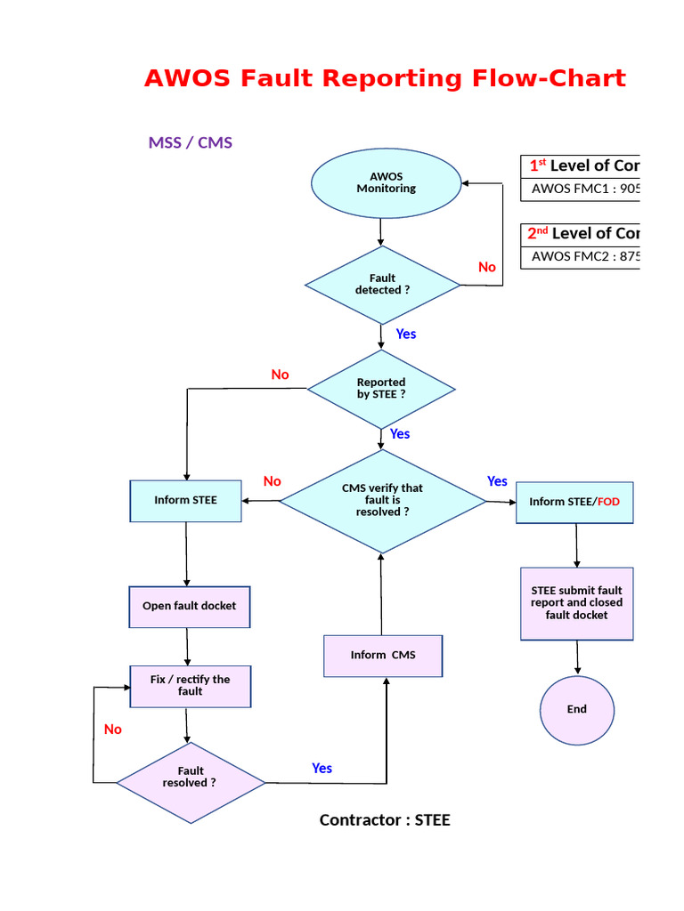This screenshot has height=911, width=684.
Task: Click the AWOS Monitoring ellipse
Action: pyautogui.click(x=386, y=182)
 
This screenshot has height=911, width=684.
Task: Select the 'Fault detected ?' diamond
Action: pyautogui.click(x=383, y=285)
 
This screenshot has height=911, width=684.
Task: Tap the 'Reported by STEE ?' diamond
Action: pyautogui.click(x=381, y=389)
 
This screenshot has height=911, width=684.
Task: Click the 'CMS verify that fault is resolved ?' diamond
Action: pyautogui.click(x=382, y=500)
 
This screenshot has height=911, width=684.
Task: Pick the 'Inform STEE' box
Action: pyautogui.click(x=185, y=500)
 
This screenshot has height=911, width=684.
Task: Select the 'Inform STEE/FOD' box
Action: pyautogui.click(x=574, y=502)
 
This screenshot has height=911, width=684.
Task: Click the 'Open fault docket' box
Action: pyautogui.click(x=190, y=606)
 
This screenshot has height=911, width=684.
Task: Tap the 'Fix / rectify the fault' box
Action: pyautogui.click(x=190, y=686)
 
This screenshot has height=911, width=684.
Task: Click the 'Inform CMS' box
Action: pyautogui.click(x=383, y=655)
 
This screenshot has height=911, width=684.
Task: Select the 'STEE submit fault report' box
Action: pyautogui.click(x=576, y=603)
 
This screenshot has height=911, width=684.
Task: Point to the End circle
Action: pyautogui.click(x=576, y=709)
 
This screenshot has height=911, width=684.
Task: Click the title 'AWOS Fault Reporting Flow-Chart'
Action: pyautogui.click(x=385, y=78)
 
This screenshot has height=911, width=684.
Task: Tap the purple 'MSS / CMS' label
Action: pyautogui.click(x=190, y=142)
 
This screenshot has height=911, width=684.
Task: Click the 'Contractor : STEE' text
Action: pyautogui.click(x=385, y=820)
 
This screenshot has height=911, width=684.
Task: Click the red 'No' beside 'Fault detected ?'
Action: pyautogui.click(x=487, y=267)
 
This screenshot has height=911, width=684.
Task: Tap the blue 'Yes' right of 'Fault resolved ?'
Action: pyautogui.click(x=322, y=768)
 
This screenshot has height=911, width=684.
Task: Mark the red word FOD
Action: pyautogui.click(x=608, y=502)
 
